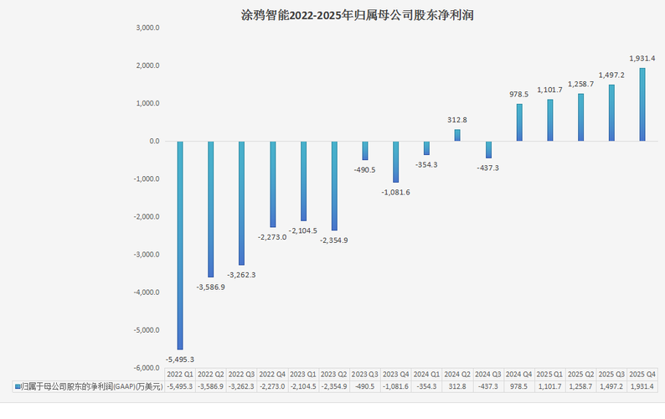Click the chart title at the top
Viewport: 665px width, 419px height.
(357, 15)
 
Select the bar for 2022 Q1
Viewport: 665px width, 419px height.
(180, 246)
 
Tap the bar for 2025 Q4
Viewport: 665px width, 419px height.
(642, 105)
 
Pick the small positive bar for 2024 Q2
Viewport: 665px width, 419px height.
(457, 135)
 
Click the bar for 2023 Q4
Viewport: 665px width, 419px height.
(395, 162)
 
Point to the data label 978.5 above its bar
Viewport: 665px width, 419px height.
(519, 94)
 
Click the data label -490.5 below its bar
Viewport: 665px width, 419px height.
(364, 170)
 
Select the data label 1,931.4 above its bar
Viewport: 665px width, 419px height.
(642, 58)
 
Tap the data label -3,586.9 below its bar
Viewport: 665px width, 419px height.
(211, 287)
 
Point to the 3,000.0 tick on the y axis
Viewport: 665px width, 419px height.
(147, 28)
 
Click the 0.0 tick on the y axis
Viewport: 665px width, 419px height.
(154, 141)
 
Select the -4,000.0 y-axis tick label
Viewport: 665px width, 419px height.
(147, 292)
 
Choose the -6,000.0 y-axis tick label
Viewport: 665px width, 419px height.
(147, 368)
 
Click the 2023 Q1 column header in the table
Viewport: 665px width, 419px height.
(303, 375)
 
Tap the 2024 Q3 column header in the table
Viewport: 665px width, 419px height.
(488, 375)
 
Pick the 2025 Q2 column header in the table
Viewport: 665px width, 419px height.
(580, 375)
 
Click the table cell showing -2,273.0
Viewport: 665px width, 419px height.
(272, 386)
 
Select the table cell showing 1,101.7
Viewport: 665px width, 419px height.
(549, 386)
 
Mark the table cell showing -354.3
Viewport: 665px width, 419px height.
(426, 386)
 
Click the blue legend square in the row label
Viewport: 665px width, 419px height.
(18, 386)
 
